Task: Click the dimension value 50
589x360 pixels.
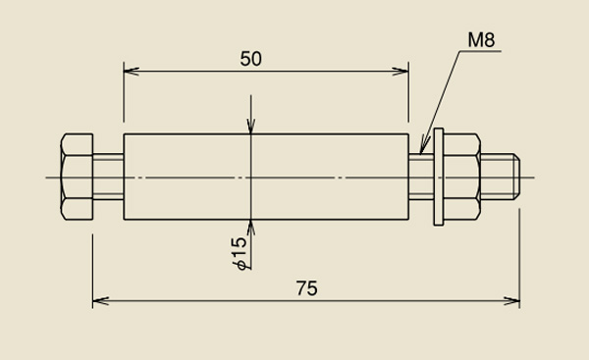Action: (251, 59)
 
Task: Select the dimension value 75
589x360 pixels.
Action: (307, 288)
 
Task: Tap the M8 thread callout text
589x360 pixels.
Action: (481, 40)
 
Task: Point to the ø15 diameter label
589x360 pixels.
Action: (240, 253)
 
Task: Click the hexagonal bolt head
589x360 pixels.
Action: (77, 177)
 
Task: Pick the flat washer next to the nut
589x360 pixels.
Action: (439, 177)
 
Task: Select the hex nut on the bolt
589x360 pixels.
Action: (462, 177)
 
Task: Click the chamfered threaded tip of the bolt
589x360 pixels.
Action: (501, 177)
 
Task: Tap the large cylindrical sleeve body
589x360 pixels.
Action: (266, 177)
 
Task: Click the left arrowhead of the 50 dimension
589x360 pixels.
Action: (132, 71)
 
